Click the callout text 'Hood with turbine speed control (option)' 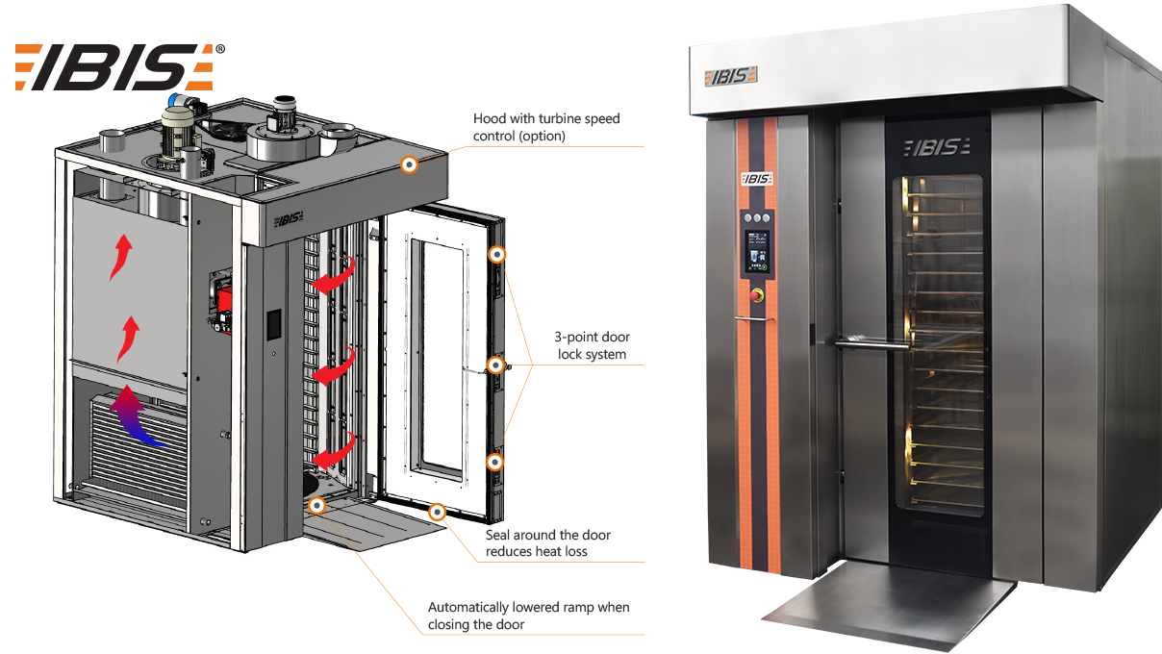tap(546, 127)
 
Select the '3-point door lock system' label tap(592, 345)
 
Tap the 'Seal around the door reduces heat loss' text tap(547, 543)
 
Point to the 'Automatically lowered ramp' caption tap(529, 616)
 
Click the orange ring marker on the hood tap(409, 164)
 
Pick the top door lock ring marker tap(497, 255)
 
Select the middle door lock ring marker tap(495, 365)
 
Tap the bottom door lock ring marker tap(494, 462)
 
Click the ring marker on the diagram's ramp tap(317, 505)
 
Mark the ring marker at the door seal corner tap(438, 513)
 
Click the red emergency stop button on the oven tap(757, 295)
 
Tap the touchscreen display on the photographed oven tap(757, 252)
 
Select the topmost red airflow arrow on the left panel tap(121, 257)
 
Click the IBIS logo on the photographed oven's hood tap(730, 76)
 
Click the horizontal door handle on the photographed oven tap(872, 343)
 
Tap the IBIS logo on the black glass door tap(936, 148)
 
